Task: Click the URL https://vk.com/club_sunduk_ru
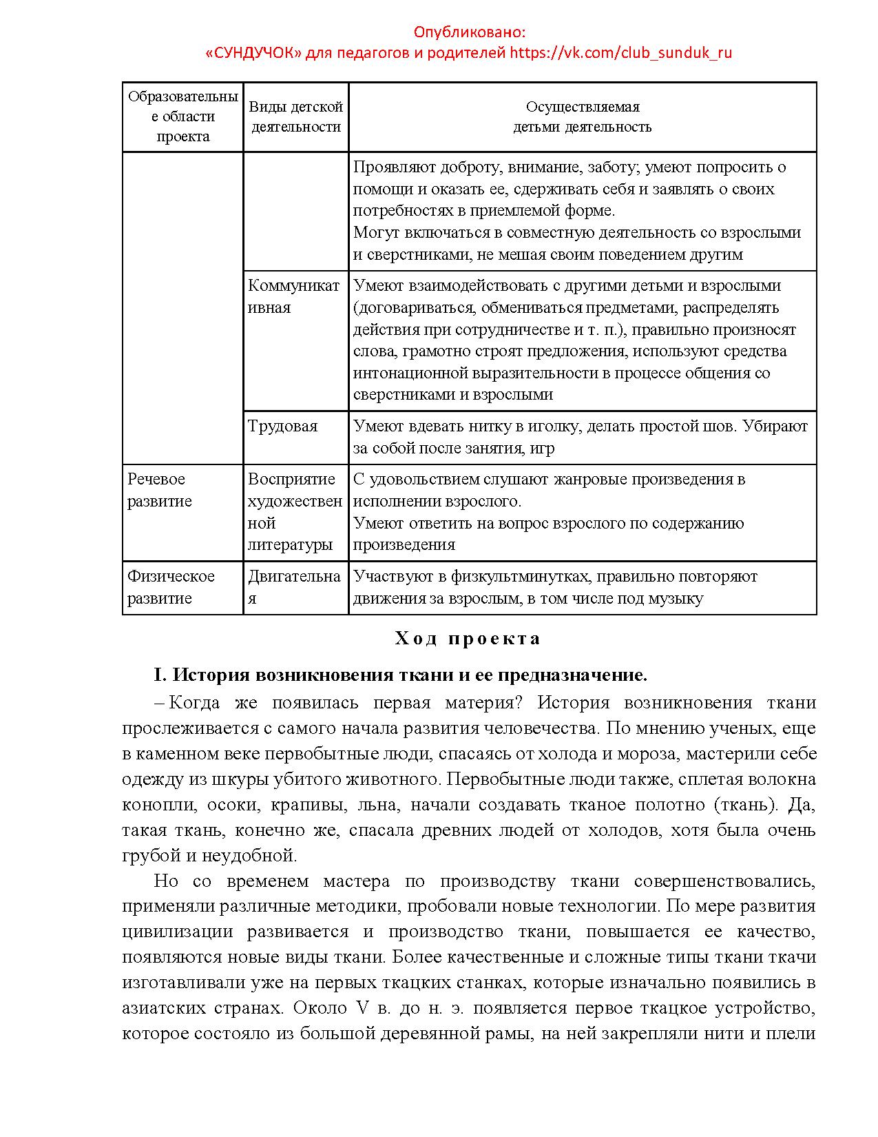(x=620, y=53)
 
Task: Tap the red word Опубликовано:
(x=469, y=32)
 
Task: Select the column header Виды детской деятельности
(x=295, y=116)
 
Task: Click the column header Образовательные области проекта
(x=182, y=116)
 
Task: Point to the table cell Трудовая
(x=283, y=426)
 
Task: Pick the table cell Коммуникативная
(x=293, y=296)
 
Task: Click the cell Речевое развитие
(x=160, y=490)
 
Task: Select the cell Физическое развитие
(x=171, y=587)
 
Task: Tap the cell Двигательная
(x=294, y=587)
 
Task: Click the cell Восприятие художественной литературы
(x=295, y=512)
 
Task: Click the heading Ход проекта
(x=468, y=639)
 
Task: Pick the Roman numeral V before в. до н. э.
(x=362, y=1008)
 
